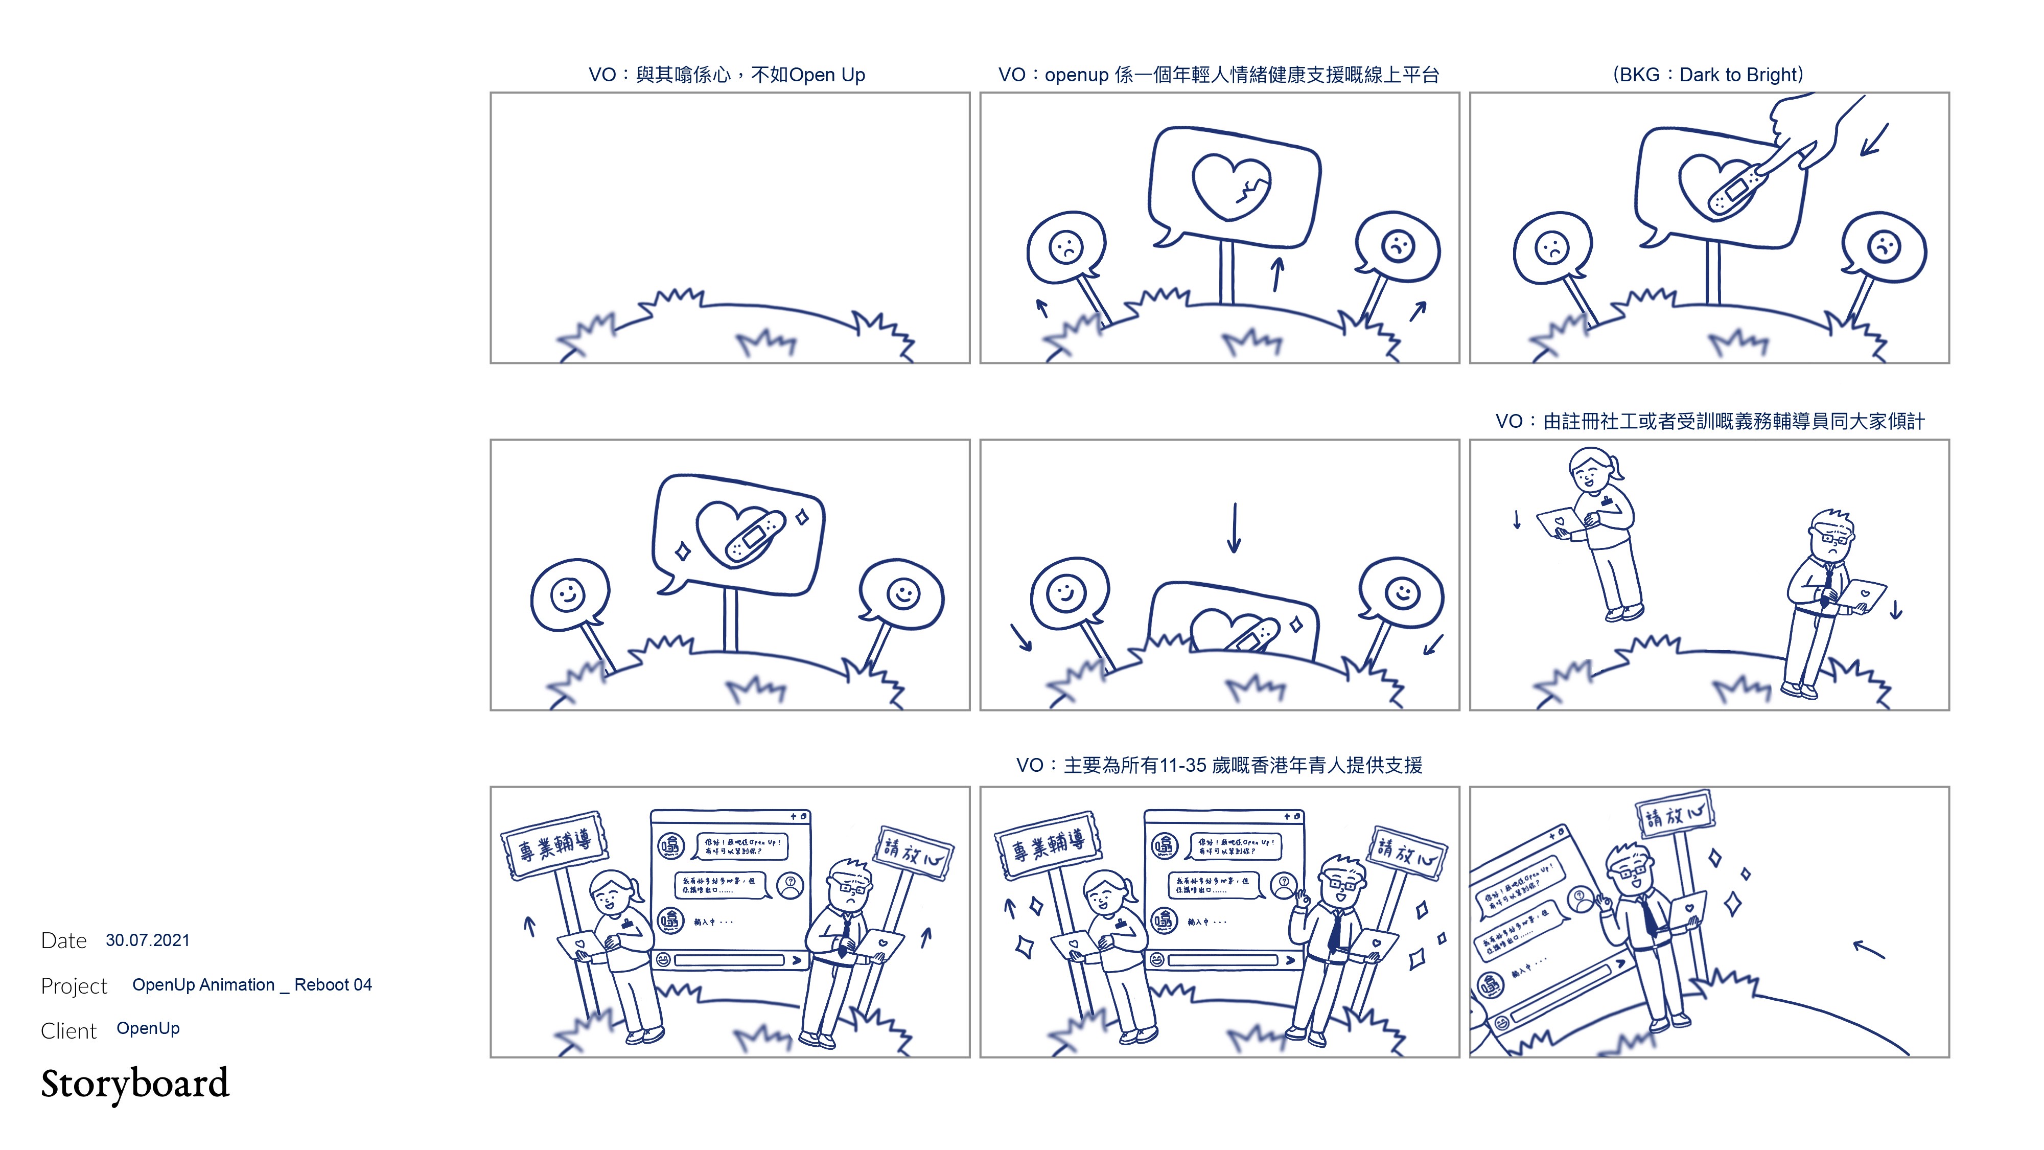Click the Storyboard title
(x=135, y=1084)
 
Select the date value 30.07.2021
(x=148, y=940)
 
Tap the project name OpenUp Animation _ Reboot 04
(x=251, y=985)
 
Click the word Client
(x=68, y=1031)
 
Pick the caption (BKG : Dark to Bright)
(x=1708, y=75)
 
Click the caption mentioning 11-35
(x=1219, y=765)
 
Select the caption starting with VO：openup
(x=1218, y=75)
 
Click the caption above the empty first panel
(x=726, y=75)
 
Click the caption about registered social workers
(x=1709, y=422)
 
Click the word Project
(x=74, y=986)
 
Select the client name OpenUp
(x=148, y=1028)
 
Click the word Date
(x=63, y=940)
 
